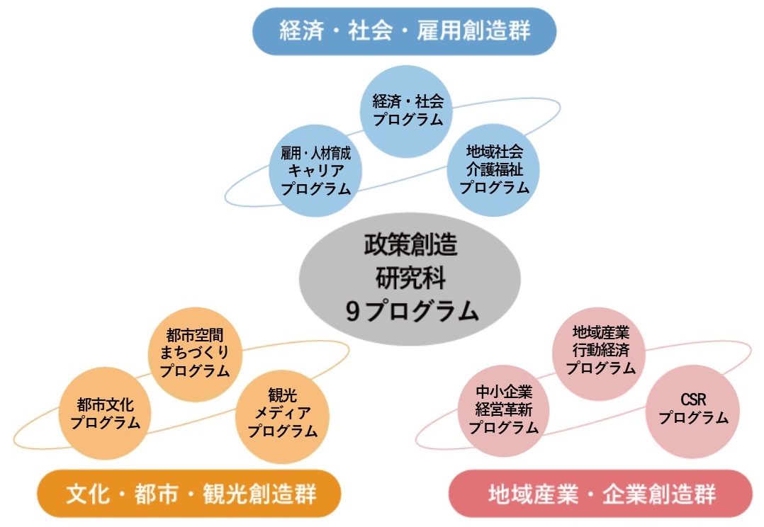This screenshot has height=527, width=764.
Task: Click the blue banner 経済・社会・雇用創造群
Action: [404, 31]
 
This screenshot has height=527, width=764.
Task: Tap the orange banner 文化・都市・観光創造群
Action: [189, 494]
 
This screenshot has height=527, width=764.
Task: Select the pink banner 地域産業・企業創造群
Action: [600, 494]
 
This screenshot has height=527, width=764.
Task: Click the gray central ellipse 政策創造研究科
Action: [410, 278]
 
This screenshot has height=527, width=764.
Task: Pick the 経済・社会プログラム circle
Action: [406, 111]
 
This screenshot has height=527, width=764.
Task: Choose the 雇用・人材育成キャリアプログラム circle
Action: [315, 171]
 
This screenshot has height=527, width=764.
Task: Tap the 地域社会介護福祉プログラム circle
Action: [493, 170]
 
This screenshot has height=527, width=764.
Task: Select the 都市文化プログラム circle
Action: [105, 413]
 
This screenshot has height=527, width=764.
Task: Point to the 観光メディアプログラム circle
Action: [283, 416]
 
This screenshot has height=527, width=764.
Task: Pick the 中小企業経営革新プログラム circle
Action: [503, 411]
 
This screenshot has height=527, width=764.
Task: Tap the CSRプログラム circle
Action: [693, 412]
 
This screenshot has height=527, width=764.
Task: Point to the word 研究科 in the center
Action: [411, 278]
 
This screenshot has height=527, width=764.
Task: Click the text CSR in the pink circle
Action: [693, 400]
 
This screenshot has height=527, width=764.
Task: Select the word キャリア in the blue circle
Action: [316, 171]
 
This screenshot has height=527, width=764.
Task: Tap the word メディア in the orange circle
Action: [283, 413]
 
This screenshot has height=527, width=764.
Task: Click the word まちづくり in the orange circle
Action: [194, 353]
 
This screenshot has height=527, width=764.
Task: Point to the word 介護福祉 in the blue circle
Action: [494, 169]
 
